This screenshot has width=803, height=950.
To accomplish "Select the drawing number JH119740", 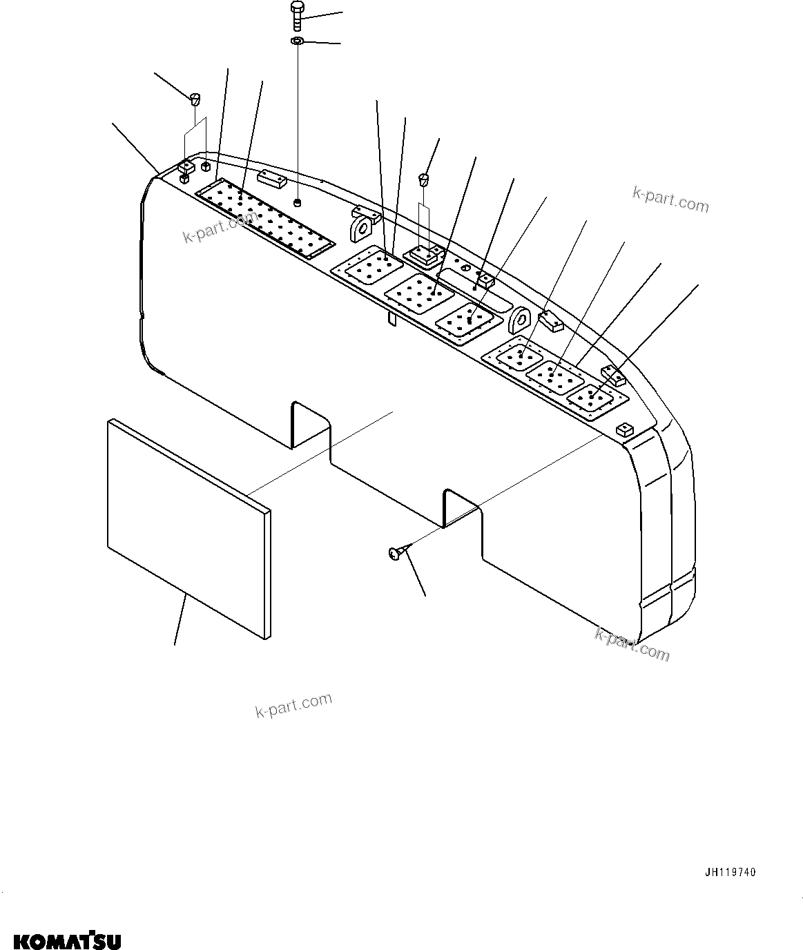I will (x=730, y=873).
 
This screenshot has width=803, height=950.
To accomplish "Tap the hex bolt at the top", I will (x=297, y=14).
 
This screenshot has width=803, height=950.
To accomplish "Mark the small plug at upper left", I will (x=195, y=98).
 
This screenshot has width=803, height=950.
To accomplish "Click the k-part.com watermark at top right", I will (x=670, y=198).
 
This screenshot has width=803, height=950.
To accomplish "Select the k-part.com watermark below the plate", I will (x=293, y=705).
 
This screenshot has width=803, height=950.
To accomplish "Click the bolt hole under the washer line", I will (x=298, y=202).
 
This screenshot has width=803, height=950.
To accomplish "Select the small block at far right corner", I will (x=623, y=429).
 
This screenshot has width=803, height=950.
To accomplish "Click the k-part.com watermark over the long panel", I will (x=218, y=229).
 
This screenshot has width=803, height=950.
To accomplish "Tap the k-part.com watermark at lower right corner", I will (x=632, y=644).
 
